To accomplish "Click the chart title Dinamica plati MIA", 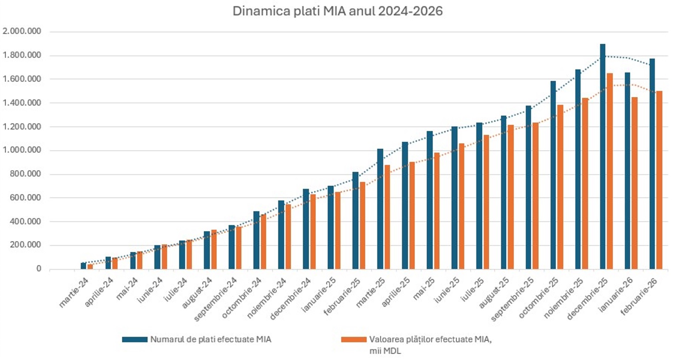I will [337, 11].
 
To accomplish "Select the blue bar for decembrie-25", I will [602, 157].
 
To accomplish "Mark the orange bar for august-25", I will [511, 197].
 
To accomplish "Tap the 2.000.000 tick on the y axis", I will [22, 31].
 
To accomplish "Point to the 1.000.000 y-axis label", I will [22, 150].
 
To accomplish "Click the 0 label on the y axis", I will [39, 269].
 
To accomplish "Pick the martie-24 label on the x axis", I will [74, 293].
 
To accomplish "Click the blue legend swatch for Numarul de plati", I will [135, 339].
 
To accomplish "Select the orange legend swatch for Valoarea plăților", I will [354, 339].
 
